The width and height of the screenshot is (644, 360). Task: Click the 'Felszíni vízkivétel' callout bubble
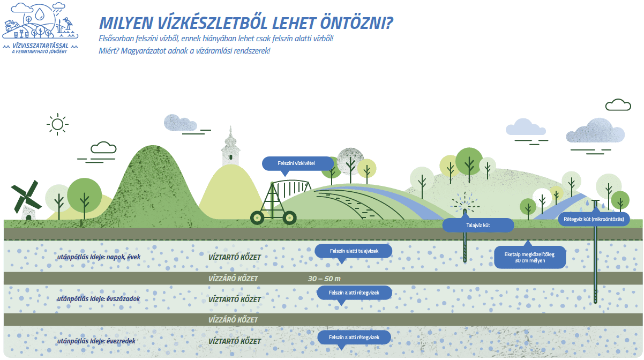pos(298,163)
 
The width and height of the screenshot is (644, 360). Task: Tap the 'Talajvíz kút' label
pos(478,225)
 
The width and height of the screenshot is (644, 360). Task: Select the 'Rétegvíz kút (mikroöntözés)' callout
pos(594,219)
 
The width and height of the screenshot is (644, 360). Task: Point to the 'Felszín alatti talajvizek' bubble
pos(354,251)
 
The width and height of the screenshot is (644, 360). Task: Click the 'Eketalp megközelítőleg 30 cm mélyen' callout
pos(529,257)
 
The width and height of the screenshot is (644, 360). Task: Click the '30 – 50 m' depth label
pos(324,279)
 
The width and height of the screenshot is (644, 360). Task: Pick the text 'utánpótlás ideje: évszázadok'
pos(99,299)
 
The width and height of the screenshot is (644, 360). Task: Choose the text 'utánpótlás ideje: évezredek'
pos(96,341)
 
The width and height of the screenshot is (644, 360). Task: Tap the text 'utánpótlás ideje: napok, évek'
pos(99,257)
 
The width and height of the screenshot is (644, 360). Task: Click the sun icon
pos(57,124)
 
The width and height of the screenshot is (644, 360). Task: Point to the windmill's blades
pos(25,199)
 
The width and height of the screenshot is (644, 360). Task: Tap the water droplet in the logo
pos(40,14)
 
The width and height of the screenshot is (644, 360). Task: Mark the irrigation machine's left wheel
pos(257,218)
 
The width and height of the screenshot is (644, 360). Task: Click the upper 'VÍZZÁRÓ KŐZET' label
pos(233,279)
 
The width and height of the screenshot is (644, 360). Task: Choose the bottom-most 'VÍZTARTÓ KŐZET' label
pos(234,341)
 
